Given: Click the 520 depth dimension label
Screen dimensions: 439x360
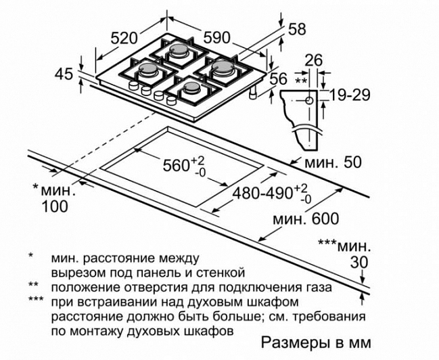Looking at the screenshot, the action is point(124,39).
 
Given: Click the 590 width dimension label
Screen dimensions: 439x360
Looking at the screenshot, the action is point(216,37).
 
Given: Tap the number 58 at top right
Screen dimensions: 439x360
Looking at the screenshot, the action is point(297,29).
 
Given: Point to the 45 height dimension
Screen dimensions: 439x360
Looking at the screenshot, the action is point(64,74).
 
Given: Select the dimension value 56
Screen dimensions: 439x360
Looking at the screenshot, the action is point(279,78).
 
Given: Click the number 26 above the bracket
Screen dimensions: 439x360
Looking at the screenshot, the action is point(314,60).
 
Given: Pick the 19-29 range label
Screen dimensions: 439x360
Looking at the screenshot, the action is point(350,95).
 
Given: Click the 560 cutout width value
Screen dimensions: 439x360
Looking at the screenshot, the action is point(177,165).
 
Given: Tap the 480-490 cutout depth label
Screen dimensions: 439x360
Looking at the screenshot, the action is point(262,193).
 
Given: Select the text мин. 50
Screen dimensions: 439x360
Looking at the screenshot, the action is point(333,163).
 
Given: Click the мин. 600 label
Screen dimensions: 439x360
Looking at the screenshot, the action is point(306,219).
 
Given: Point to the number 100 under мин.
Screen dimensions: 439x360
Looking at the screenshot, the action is point(55,206).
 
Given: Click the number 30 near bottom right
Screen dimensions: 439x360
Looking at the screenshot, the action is point(359,263).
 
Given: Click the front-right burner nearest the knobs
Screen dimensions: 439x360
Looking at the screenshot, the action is point(192,89).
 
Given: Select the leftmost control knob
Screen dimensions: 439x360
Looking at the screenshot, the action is point(133,85).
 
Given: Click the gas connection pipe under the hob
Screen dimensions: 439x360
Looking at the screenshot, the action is point(254,92).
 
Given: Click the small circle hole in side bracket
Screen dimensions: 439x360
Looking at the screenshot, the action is point(309,101).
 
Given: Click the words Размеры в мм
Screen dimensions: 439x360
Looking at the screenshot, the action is point(316,342).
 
